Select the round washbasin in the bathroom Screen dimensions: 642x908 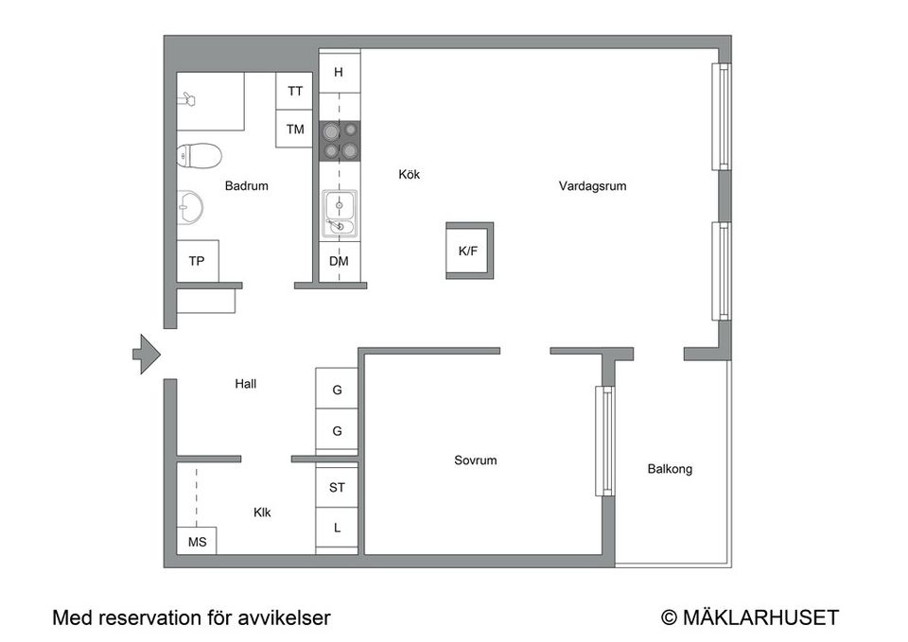coord(190,205)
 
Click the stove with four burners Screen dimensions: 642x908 coord(340,140)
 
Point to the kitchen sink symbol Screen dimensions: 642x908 coord(340,213)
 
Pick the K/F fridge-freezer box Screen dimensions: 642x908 coord(469,252)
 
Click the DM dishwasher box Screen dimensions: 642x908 coord(339,261)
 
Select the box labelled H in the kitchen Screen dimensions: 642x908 coord(339,72)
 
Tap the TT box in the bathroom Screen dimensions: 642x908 coord(296,92)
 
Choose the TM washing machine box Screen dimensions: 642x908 coord(296,130)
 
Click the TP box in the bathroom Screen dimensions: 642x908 coord(197,261)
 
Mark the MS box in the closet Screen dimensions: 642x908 coord(197,542)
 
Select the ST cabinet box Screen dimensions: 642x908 coord(337,489)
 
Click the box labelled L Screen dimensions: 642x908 coord(337,529)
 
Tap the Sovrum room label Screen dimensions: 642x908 coord(475,460)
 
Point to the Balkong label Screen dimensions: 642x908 coord(670,468)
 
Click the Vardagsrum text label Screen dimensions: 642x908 coord(592,186)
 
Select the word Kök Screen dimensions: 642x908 coord(410,175)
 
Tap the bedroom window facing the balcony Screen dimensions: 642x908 coord(603,441)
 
